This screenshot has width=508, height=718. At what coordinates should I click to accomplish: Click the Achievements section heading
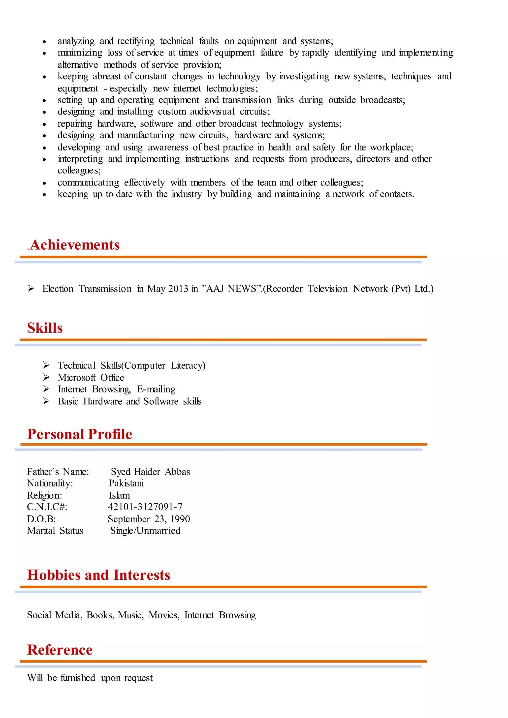coord(75,245)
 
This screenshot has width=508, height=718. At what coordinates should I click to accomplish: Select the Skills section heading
coord(45,328)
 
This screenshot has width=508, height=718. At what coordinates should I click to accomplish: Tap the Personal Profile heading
coord(80,434)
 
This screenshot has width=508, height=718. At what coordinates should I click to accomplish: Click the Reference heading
coord(60,650)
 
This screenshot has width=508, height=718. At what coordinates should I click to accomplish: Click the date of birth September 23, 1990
coord(149,519)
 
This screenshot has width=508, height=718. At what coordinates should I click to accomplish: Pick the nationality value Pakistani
coord(126,483)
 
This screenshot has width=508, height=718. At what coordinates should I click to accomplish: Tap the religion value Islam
coord(119,495)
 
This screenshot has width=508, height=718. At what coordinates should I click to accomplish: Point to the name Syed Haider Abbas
coord(151,472)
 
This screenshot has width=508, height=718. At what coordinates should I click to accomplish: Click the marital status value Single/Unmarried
coord(145,531)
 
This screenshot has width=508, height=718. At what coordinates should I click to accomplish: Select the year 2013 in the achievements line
coord(178,289)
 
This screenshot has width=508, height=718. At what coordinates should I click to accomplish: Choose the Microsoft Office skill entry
coord(91,377)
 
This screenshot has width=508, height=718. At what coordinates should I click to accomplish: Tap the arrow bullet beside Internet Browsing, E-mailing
coord(46,389)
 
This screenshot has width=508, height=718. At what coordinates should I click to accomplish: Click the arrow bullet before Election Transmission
coord(31,288)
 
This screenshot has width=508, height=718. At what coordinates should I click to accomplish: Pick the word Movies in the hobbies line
coord(164,615)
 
